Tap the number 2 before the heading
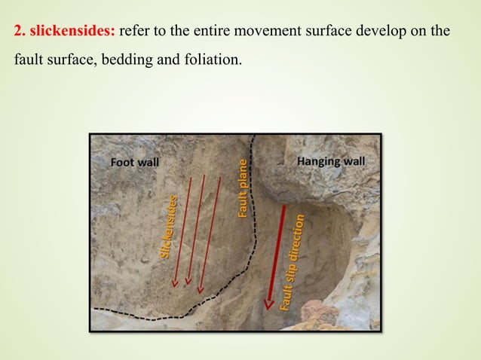click(18, 32)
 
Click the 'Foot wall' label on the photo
click(136, 162)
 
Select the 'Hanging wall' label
click(331, 161)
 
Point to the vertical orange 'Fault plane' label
click(243, 188)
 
